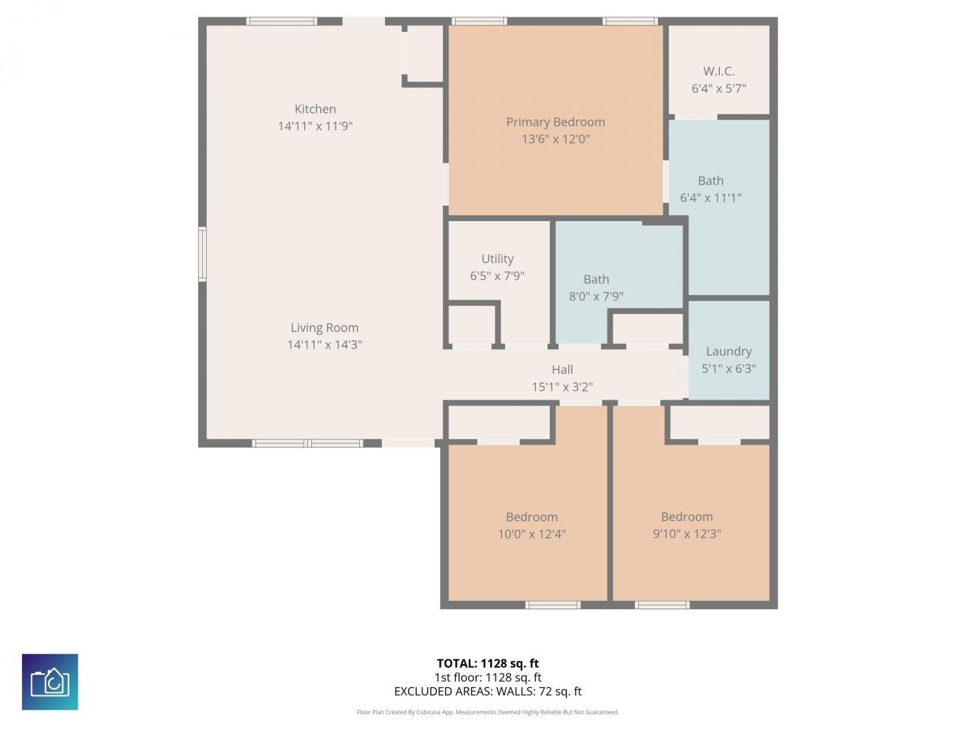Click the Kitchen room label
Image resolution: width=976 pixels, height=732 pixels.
[x=315, y=109]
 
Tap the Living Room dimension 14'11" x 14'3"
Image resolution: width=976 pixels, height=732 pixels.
[x=324, y=345]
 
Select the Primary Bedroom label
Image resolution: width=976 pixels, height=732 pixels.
[x=555, y=122]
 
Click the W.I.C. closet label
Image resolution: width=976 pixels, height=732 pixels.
[x=718, y=72]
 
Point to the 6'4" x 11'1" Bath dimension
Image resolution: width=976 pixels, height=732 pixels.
[x=710, y=198]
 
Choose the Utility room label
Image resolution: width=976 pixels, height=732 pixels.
[x=497, y=259]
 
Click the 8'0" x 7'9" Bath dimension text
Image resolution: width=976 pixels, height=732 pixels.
[x=596, y=297]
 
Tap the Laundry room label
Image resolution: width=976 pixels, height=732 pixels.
[x=728, y=352]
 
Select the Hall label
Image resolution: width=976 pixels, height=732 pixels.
[x=562, y=370]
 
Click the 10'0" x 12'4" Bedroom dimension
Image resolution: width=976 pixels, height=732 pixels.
[x=531, y=535]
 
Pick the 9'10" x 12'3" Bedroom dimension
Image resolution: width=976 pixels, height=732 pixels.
[x=686, y=535]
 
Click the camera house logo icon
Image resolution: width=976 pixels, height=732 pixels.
[x=50, y=682]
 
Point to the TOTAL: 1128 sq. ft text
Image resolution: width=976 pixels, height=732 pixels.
[x=487, y=663]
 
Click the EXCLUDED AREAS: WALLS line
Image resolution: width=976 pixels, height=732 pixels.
[x=487, y=692]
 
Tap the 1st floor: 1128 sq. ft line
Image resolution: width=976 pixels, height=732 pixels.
[x=487, y=677]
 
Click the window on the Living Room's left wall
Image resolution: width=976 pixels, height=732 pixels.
[x=203, y=254]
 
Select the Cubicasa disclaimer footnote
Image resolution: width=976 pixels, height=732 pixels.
[x=487, y=712]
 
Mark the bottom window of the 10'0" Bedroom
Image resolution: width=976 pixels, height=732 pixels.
[x=553, y=605]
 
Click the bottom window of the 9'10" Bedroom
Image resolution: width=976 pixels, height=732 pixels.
[x=662, y=605]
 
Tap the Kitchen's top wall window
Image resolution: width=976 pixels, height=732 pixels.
[x=281, y=21]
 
